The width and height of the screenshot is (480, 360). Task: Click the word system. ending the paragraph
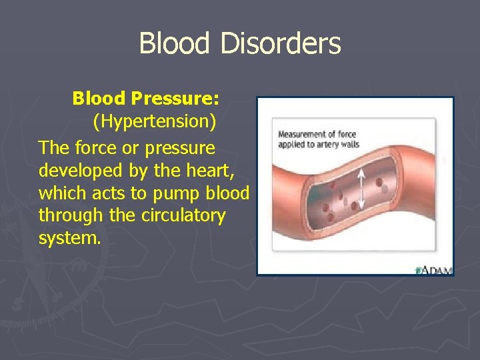click(70, 238)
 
